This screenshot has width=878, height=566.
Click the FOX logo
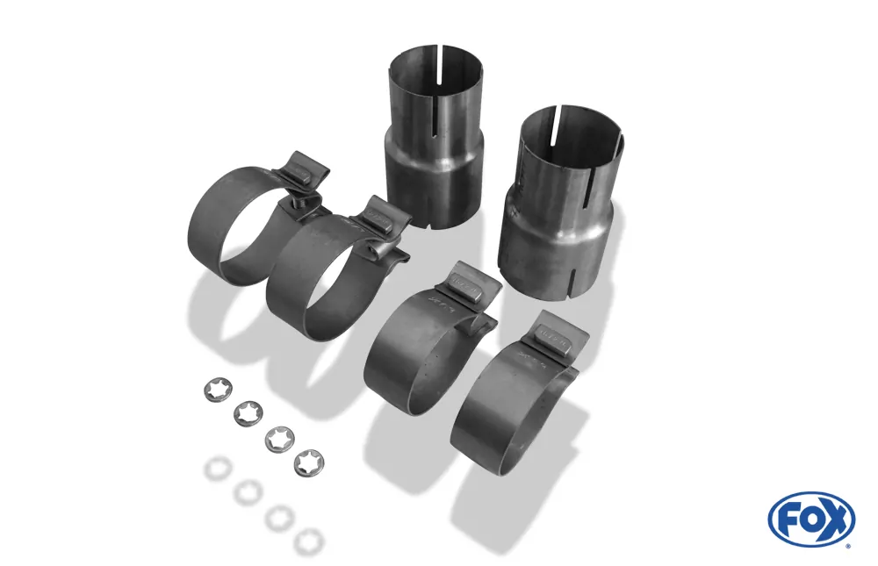(810, 519)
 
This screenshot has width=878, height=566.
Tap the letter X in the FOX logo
(836, 518)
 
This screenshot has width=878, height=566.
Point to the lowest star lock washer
(307, 462)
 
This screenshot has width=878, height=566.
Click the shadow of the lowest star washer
(309, 541)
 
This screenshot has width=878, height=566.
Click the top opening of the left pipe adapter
(436, 61)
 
